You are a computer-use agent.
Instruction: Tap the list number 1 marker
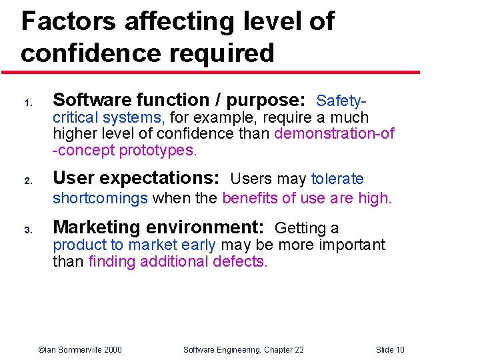(28, 103)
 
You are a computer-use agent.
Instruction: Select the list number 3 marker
(28, 231)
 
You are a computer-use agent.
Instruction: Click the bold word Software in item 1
(93, 100)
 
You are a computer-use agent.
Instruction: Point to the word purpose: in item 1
(266, 101)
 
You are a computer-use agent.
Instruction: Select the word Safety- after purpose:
(342, 101)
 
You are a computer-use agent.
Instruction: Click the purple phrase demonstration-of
(334, 133)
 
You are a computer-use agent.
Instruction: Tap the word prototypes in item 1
(157, 150)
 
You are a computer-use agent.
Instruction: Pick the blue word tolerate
(337, 179)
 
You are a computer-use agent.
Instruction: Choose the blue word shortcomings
(99, 198)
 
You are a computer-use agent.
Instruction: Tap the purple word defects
(239, 261)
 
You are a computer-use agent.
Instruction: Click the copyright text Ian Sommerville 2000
(80, 350)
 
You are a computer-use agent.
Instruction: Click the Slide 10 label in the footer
(390, 350)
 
